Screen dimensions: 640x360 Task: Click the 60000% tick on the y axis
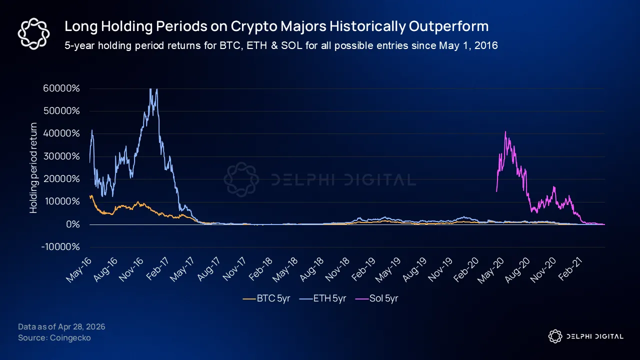click(x=61, y=88)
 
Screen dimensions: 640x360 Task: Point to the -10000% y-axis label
click(x=60, y=247)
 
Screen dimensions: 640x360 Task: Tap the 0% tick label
click(x=73, y=224)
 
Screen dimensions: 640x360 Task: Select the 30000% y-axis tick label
click(x=61, y=156)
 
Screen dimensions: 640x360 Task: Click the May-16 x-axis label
click(x=79, y=269)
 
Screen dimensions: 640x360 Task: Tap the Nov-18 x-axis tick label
click(x=337, y=269)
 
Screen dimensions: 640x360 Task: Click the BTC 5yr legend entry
click(x=266, y=298)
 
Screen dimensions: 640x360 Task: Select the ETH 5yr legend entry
click(x=323, y=298)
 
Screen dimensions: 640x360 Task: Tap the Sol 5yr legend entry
click(x=376, y=298)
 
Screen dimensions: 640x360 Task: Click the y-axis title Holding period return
click(x=33, y=168)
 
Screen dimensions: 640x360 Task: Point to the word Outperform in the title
click(x=449, y=26)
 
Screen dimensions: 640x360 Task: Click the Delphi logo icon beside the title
click(x=33, y=33)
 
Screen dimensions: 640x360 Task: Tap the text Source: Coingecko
click(x=54, y=337)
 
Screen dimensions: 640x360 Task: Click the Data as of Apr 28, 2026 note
click(x=61, y=326)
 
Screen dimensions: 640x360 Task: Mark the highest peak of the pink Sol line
click(x=505, y=131)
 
